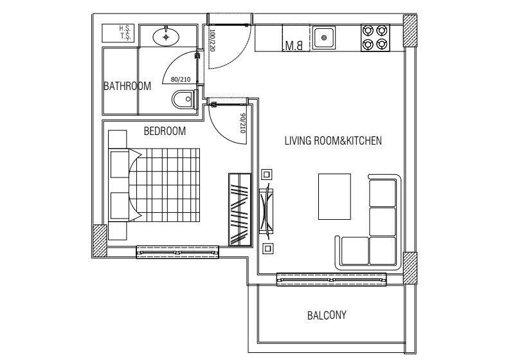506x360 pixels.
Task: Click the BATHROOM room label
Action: point(127,86)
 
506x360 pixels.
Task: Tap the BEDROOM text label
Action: point(165,131)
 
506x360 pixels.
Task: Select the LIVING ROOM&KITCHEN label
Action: point(333,141)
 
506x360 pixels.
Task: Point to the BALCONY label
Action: point(327,315)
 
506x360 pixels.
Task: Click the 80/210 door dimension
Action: point(181,79)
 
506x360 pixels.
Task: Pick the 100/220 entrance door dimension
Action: point(212,40)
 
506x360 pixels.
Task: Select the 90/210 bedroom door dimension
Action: point(242,123)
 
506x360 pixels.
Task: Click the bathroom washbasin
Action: point(166,37)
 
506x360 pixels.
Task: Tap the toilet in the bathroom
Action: point(185,100)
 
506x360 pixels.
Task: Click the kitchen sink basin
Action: point(324,38)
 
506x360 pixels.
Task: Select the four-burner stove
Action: point(375,38)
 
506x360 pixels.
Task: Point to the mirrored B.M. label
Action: point(294,46)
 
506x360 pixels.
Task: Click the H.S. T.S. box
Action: point(118,33)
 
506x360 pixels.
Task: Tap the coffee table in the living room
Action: point(334,197)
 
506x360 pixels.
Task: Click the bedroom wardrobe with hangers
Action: point(240,210)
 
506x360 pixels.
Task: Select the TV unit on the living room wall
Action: point(266,212)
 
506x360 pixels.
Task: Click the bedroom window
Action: point(177,252)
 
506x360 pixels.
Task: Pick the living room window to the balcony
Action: point(331,280)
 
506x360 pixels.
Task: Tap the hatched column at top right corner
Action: point(410,31)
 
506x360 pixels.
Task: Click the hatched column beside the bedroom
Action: point(100,240)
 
